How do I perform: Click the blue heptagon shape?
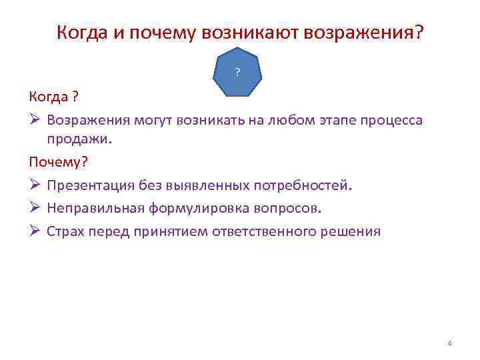tap(238, 72)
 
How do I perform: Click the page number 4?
tap(449, 343)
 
